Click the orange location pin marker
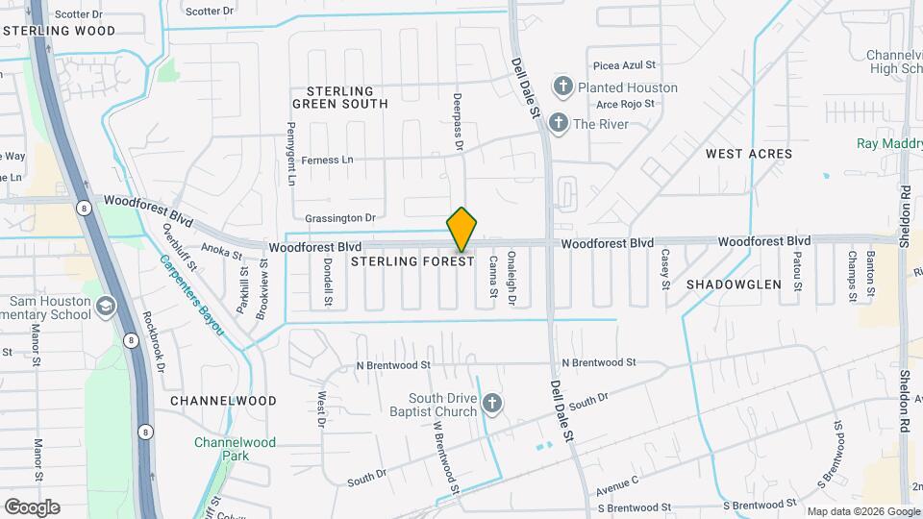point(461,229)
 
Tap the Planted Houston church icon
point(562,87)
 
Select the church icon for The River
point(557,124)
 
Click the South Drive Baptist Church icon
point(492,404)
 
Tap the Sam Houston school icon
point(105,308)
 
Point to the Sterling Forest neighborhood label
point(412,261)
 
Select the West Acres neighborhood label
point(749,154)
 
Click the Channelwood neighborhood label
point(223,400)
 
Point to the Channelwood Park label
point(235,450)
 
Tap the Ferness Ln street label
point(329,161)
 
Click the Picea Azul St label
point(624,66)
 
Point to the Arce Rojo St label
point(625,103)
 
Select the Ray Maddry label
point(888,143)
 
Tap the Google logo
point(32,507)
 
